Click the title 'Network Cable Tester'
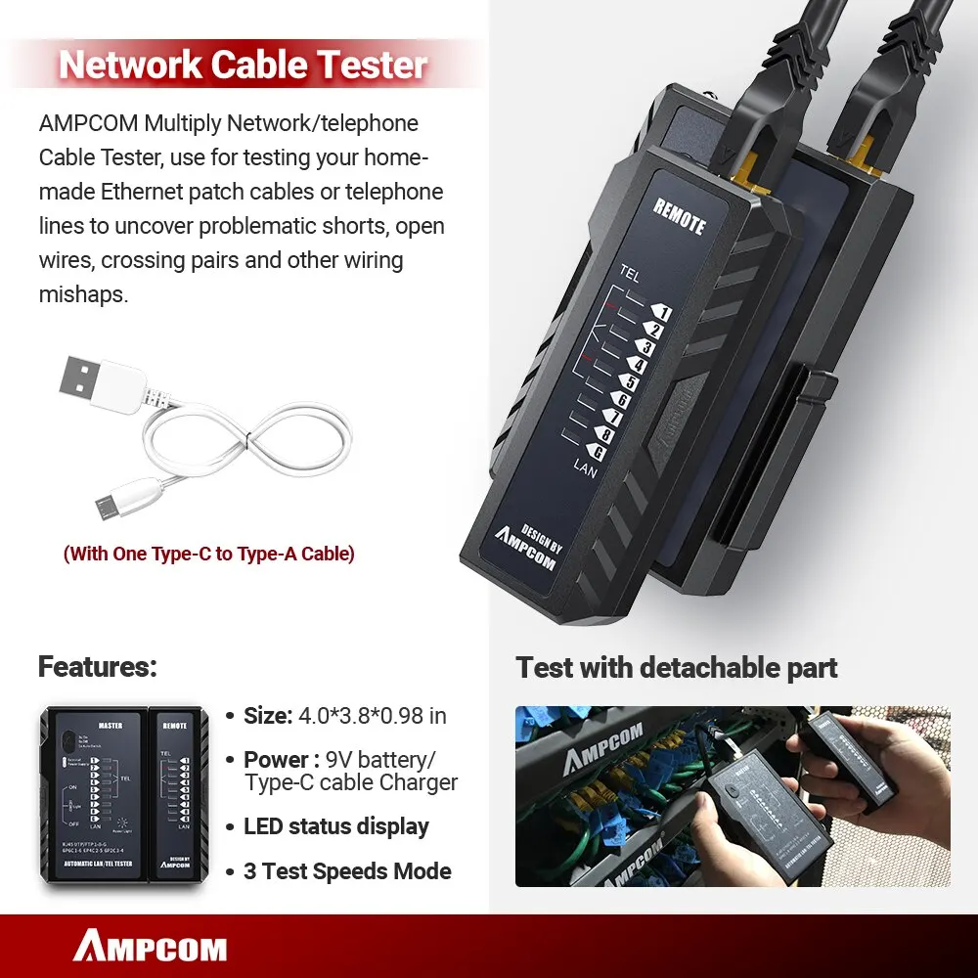pyautogui.click(x=244, y=65)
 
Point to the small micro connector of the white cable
pyautogui.click(x=106, y=505)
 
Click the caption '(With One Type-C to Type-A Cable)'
pyautogui.click(x=209, y=554)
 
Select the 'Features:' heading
pyautogui.click(x=97, y=667)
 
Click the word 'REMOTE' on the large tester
pyautogui.click(x=679, y=217)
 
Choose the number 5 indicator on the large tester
pyautogui.click(x=631, y=382)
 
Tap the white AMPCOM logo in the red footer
pyautogui.click(x=150, y=947)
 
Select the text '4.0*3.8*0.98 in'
pyautogui.click(x=372, y=716)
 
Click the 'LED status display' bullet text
pyautogui.click(x=336, y=826)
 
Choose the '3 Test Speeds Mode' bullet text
pyautogui.click(x=347, y=871)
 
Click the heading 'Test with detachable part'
pyautogui.click(x=677, y=668)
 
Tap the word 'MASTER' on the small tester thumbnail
pyautogui.click(x=111, y=726)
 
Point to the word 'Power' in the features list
pyautogui.click(x=277, y=760)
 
